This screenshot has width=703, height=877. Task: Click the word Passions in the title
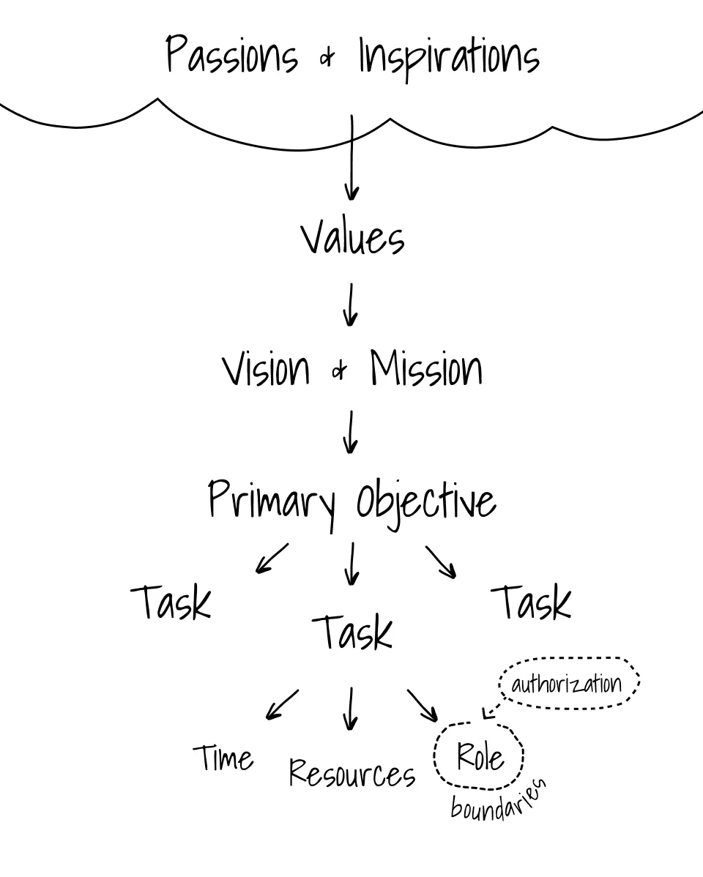232,56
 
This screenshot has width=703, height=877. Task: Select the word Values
352,238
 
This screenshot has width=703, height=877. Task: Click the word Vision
267,369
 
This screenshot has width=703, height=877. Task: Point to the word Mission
426,369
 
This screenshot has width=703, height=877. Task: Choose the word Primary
272,502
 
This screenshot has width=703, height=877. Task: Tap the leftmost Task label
171,603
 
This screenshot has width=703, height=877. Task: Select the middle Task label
352,632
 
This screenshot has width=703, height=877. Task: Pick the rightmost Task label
534,603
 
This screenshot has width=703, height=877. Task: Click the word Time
224,758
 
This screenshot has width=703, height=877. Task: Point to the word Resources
352,773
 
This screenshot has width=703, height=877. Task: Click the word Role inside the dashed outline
480,755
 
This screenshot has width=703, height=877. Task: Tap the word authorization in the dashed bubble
566,684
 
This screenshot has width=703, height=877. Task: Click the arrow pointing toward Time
282,704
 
